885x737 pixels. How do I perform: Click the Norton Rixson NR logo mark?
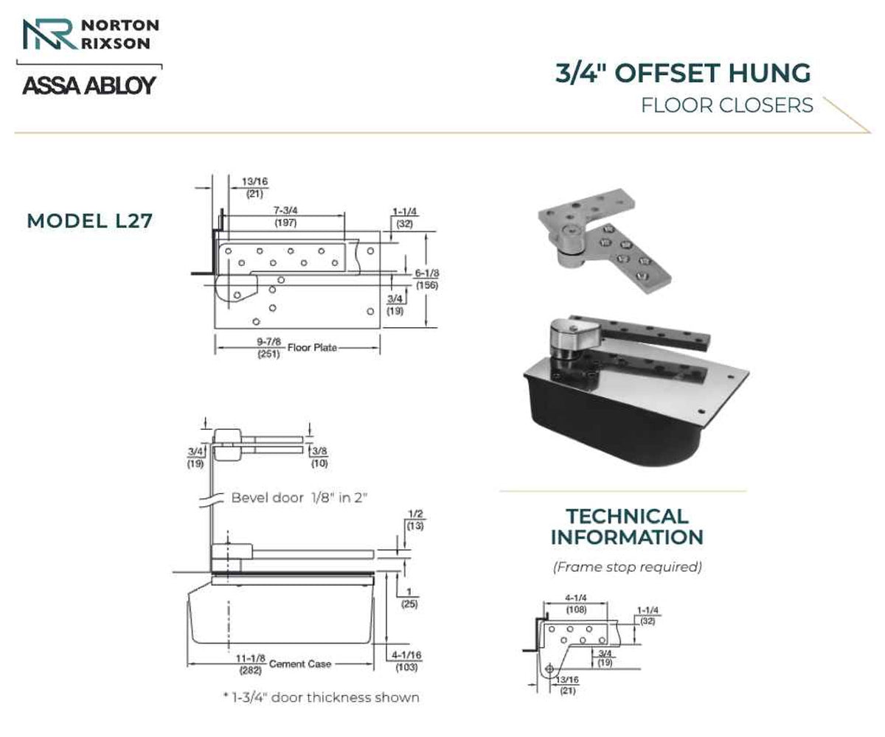point(50,34)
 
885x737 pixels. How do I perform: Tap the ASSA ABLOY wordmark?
point(89,85)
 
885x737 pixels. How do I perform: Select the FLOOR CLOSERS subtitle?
point(727,105)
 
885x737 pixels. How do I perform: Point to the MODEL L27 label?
point(89,220)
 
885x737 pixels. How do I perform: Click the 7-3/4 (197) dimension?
point(285,217)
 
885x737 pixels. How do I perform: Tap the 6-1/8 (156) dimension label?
point(426,279)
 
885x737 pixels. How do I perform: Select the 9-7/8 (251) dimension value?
point(268,348)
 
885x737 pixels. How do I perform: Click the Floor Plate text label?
point(313,348)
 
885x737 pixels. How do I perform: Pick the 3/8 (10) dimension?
point(319,457)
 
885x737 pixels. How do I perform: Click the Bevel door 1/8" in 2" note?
point(299,497)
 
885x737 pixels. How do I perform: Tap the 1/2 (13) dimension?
point(415,520)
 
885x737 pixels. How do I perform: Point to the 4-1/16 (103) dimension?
point(406,661)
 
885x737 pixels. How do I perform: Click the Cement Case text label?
point(300,664)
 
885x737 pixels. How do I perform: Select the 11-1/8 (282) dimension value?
point(251,664)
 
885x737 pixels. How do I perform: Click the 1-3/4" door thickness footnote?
point(322,698)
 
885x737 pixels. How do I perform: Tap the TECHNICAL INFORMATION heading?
point(627,527)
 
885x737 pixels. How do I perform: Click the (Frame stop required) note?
point(628,567)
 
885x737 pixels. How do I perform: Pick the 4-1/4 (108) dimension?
point(576,604)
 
